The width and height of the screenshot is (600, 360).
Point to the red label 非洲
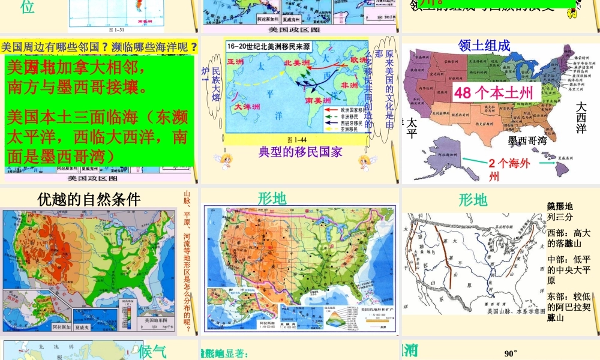coord(349,86)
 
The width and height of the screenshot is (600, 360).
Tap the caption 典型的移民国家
coord(300,151)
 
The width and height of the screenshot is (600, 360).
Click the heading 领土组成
coord(484,46)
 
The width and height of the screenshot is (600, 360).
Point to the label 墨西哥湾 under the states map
coord(527,140)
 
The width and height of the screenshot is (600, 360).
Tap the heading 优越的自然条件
coord(88,199)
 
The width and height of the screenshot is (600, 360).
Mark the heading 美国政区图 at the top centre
coord(294,28)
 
